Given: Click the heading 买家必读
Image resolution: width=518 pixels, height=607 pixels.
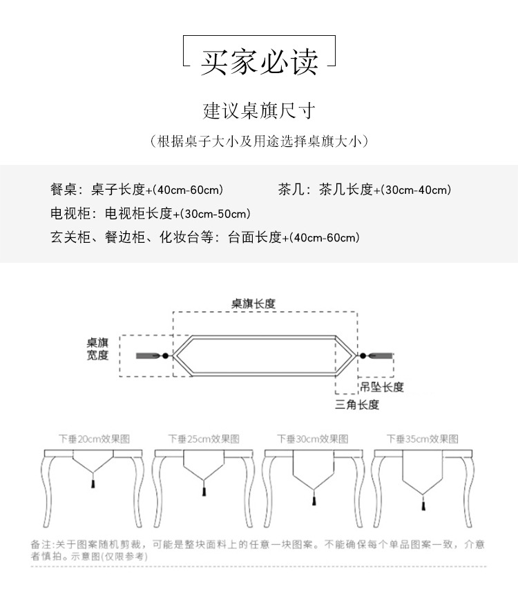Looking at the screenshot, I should (259, 62).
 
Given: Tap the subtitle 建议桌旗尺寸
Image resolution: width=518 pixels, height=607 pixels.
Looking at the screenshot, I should (259, 110).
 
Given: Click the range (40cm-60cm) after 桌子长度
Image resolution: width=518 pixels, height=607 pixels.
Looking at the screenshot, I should (187, 190).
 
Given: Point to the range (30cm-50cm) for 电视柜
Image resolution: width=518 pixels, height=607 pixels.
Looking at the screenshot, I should (215, 214).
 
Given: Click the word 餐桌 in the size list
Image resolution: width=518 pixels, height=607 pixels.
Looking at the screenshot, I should (62, 190).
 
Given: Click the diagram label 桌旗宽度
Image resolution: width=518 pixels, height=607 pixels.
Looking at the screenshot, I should (97, 349).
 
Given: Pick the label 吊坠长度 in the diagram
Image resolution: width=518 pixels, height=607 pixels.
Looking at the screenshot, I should (381, 387).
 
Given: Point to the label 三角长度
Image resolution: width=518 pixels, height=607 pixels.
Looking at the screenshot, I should (357, 405).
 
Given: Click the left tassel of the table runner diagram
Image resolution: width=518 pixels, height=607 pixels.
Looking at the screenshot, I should (148, 355).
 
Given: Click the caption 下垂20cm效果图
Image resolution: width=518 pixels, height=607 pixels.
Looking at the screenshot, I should (94, 439).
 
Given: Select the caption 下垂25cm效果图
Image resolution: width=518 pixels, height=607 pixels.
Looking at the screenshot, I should (204, 439).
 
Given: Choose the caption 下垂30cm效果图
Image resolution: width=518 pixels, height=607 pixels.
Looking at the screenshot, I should (313, 439).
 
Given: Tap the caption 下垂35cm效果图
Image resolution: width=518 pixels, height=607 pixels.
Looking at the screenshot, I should (422, 439).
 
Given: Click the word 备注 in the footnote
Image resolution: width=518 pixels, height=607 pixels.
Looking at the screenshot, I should (40, 545).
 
